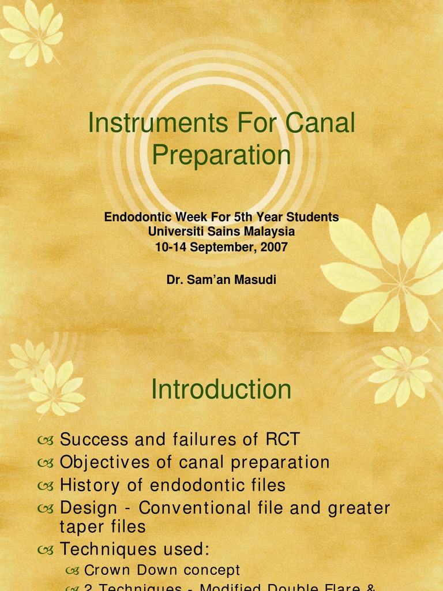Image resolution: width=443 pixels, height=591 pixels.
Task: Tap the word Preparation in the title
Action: (221, 155)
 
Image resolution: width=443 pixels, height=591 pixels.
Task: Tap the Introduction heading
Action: (221, 390)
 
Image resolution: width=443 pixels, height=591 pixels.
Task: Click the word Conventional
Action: (194, 508)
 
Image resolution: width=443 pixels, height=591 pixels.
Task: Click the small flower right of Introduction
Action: (400, 374)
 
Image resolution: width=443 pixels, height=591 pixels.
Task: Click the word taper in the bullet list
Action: (79, 526)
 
